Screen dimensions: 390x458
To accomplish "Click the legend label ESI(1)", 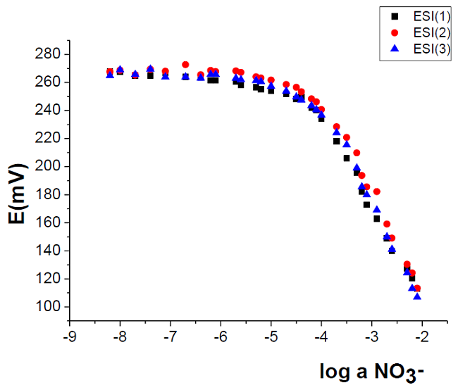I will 428,16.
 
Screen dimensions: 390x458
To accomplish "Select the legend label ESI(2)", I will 428,32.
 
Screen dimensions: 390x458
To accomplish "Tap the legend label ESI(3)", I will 428,49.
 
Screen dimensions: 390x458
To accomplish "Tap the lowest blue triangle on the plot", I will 417,296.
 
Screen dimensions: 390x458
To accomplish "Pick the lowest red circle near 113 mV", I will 417,289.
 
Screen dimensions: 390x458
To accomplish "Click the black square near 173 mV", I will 366,205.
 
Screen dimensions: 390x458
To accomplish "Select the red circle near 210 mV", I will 357,153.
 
